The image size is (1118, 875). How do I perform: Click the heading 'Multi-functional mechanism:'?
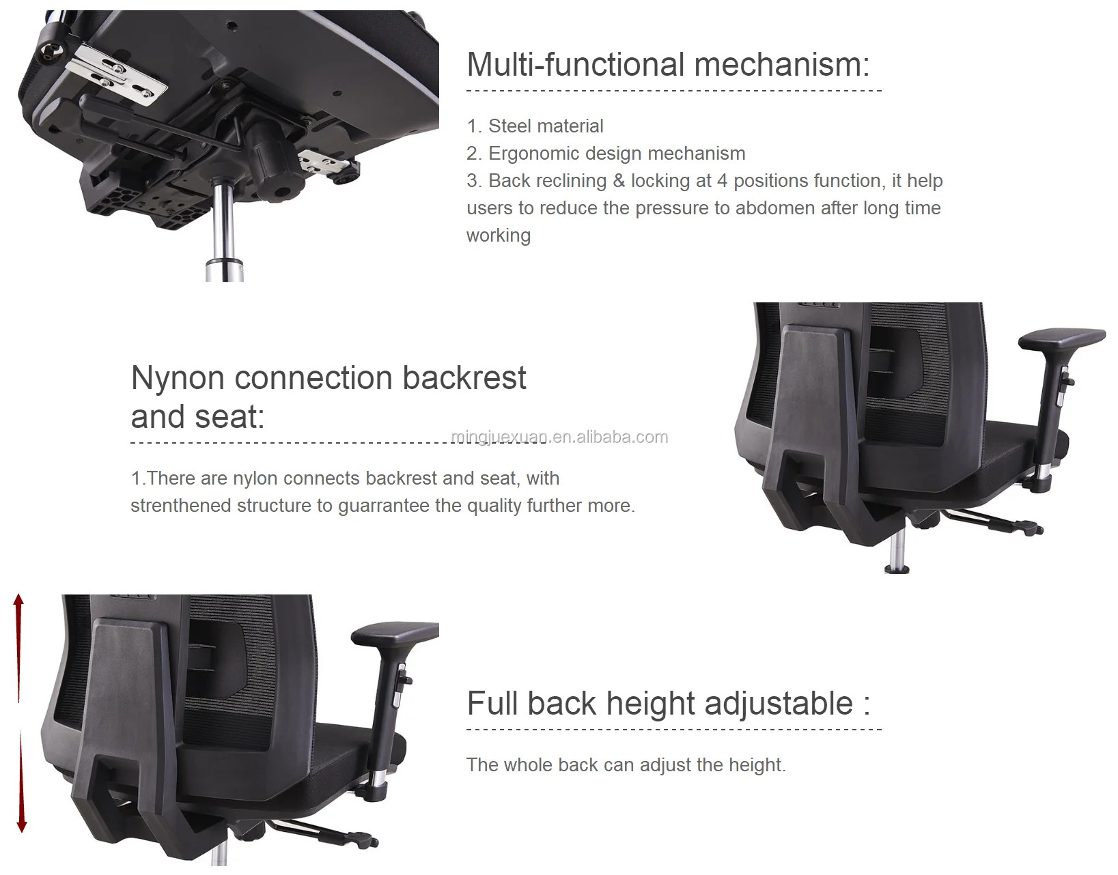click(x=668, y=65)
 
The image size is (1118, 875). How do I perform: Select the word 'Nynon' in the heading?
click(x=178, y=378)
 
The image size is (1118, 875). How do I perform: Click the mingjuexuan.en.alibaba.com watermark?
click(x=559, y=437)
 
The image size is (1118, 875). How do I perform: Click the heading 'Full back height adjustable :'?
click(x=669, y=703)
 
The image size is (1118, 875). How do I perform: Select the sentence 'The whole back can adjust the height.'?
click(x=626, y=765)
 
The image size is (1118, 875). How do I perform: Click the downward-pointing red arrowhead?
click(x=22, y=827)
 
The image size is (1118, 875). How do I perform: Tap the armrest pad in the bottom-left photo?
click(x=395, y=633)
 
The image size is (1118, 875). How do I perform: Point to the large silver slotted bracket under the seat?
click(x=116, y=74)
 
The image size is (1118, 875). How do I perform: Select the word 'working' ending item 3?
click(x=499, y=236)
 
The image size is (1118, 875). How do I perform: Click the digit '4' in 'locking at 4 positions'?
click(x=723, y=181)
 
